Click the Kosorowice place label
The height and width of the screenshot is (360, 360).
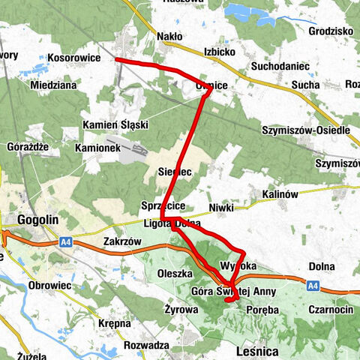click(73, 57)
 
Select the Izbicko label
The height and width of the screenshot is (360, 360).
click(220, 52)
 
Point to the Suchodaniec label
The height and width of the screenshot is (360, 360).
click(281, 67)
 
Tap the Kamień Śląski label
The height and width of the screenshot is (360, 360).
click(115, 124)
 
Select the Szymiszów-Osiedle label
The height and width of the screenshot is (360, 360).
click(305, 130)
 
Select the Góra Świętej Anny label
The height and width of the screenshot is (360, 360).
click(235, 291)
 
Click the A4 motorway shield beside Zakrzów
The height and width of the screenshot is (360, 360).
click(65, 242)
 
